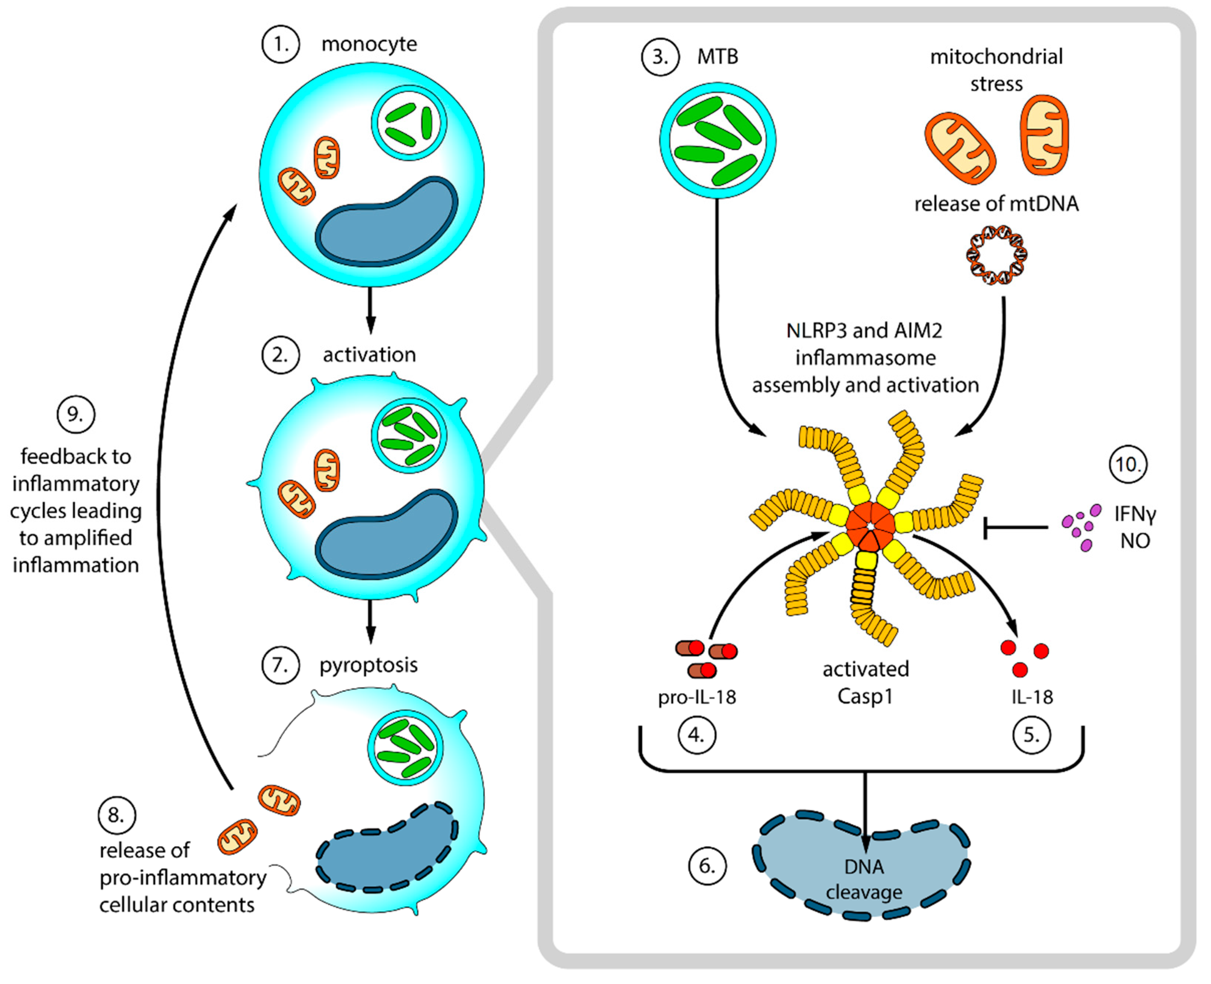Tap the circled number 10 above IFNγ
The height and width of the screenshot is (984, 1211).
tap(1128, 464)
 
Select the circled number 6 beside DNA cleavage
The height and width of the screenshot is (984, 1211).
tap(707, 866)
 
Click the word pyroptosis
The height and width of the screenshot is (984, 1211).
tap(369, 664)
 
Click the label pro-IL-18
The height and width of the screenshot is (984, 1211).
tap(697, 697)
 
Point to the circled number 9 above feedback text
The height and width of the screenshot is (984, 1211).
tap(76, 414)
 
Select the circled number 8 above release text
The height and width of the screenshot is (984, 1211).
tap(117, 815)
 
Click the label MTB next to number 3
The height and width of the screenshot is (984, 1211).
tap(718, 57)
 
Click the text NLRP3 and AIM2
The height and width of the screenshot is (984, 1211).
tap(864, 331)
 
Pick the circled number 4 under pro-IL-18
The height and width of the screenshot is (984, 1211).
tap(697, 735)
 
